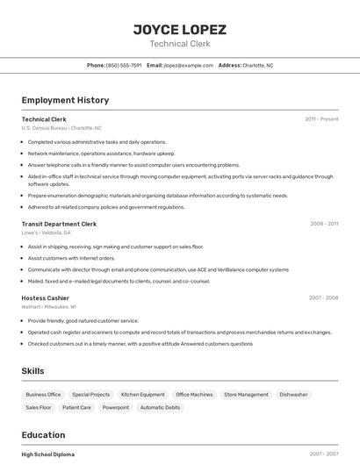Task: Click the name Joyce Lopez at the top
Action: [x=179, y=29]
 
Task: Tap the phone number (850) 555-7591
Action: [x=124, y=65]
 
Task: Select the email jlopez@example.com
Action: [x=188, y=65]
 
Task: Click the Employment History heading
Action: [x=65, y=100]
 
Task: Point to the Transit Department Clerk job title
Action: [x=59, y=224]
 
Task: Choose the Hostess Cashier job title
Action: [x=45, y=298]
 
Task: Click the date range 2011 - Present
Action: [x=321, y=119]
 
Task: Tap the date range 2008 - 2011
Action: [x=324, y=224]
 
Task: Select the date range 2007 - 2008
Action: [x=323, y=298]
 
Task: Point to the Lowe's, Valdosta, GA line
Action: [x=47, y=232]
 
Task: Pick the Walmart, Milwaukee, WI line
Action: [x=48, y=307]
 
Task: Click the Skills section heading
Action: [x=32, y=371]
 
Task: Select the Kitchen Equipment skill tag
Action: [x=142, y=395]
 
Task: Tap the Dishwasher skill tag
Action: [x=293, y=395]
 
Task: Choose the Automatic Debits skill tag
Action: [x=160, y=407]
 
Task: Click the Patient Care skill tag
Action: [x=76, y=407]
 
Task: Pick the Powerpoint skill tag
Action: [x=115, y=407]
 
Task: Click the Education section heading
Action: [x=43, y=434]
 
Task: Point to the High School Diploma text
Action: [x=47, y=454]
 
